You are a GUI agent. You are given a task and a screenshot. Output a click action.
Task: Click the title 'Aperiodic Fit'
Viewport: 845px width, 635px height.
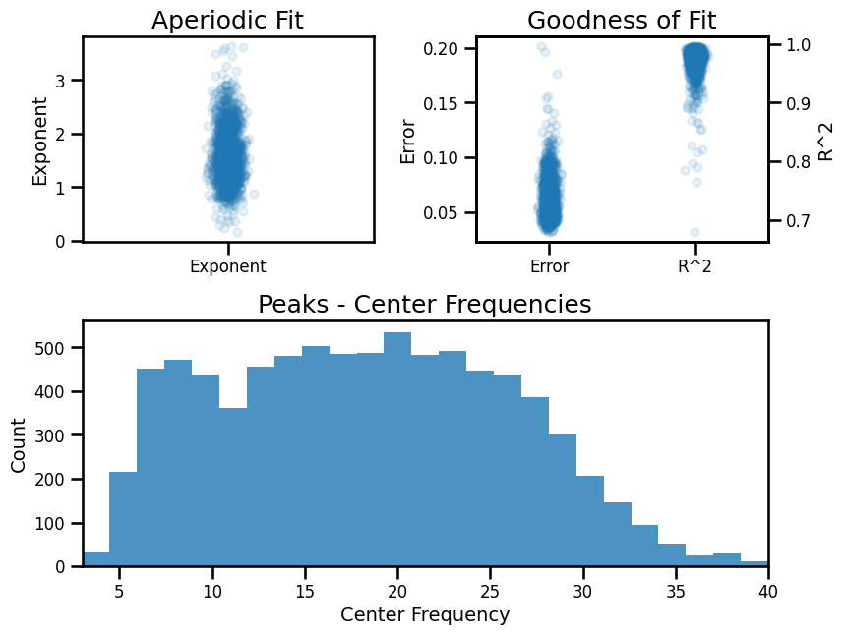click(228, 20)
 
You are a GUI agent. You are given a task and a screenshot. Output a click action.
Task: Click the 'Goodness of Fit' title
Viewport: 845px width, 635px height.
click(622, 20)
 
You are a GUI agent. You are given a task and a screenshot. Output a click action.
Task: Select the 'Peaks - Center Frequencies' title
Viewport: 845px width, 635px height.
click(425, 305)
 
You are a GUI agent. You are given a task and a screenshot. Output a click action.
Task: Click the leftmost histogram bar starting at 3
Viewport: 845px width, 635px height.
click(96, 559)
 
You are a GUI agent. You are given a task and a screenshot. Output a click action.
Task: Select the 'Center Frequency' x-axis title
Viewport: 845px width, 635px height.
click(425, 615)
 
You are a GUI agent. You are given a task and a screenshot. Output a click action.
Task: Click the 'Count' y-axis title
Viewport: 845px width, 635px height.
click(19, 443)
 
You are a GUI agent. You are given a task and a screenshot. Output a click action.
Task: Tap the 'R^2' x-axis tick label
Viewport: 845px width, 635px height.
click(695, 265)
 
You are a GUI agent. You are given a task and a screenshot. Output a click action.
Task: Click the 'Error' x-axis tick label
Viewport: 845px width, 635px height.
click(549, 265)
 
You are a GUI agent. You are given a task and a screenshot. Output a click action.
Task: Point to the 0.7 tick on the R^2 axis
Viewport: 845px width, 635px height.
click(792, 220)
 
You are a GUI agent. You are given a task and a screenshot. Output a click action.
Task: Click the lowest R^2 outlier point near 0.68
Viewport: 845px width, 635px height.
click(694, 233)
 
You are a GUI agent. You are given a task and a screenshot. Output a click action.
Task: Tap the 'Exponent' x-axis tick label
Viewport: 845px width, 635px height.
click(228, 265)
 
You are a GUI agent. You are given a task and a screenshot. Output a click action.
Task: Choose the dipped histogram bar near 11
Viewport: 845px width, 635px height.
click(233, 487)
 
